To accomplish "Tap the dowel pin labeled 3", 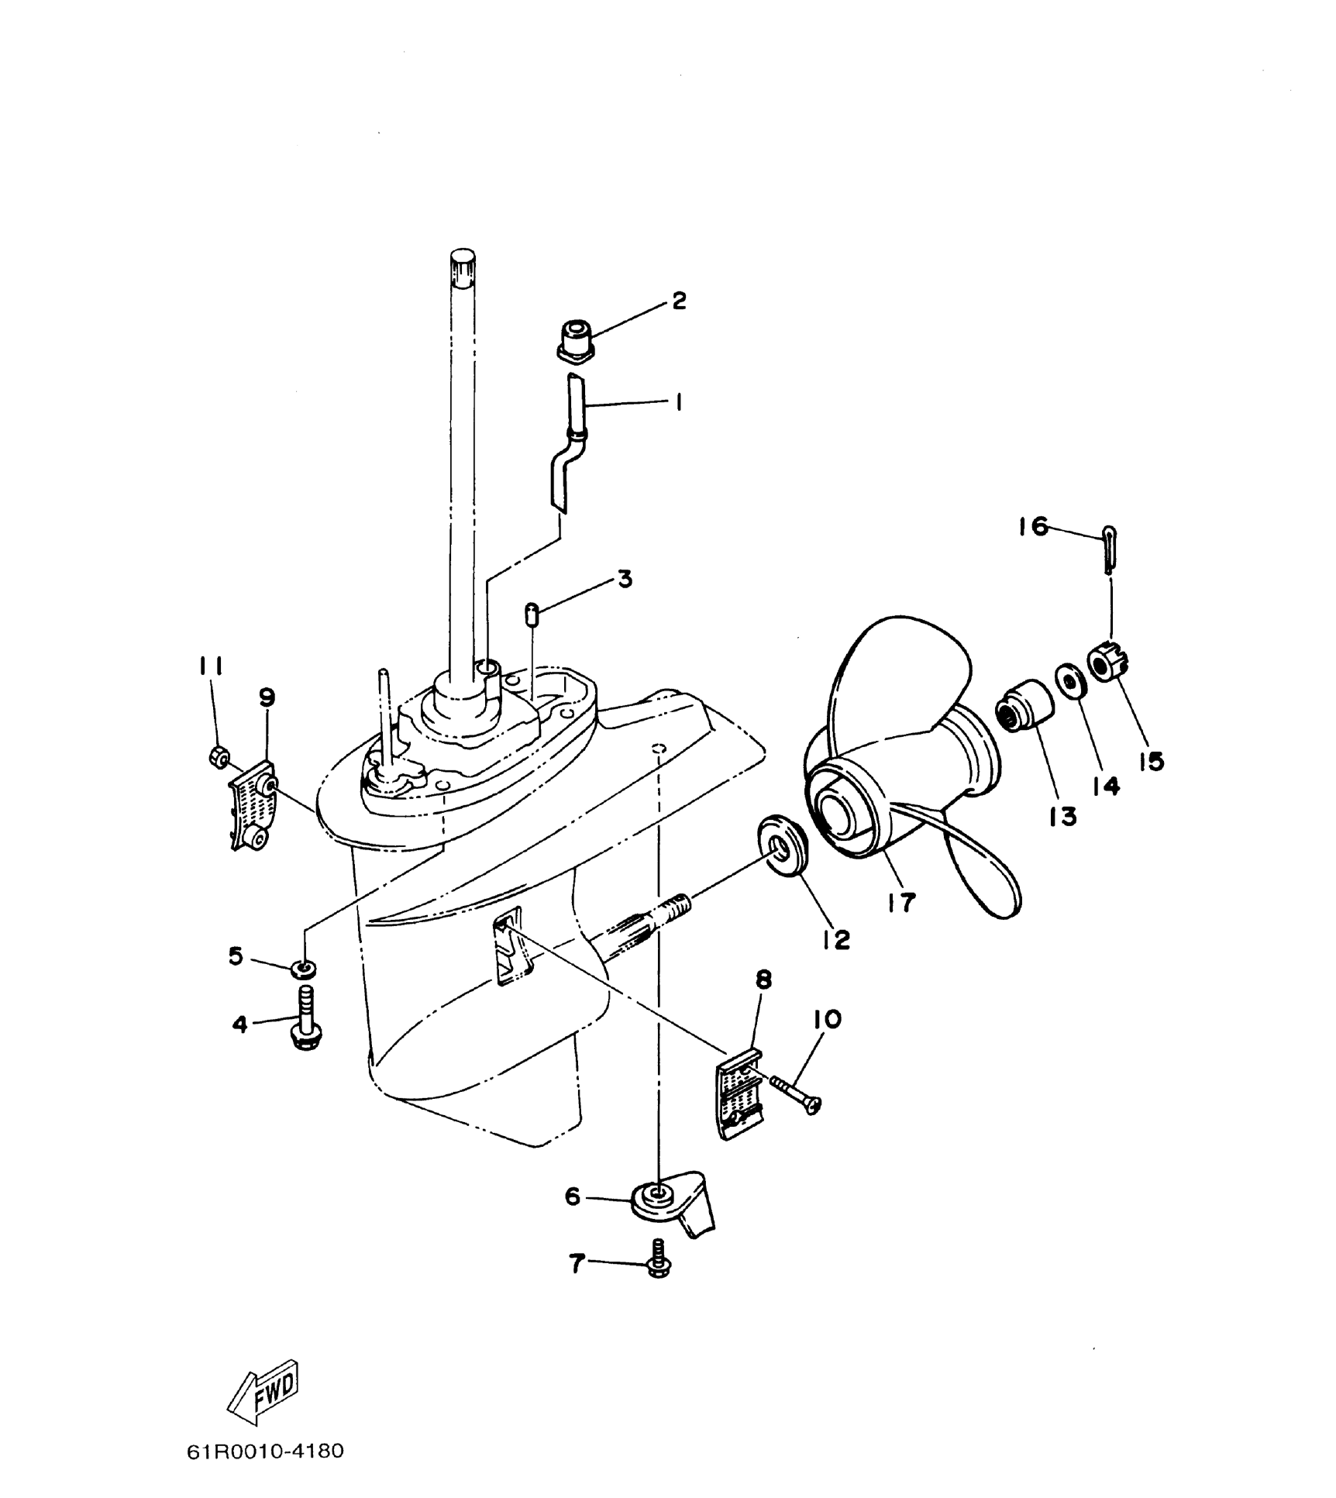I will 532,615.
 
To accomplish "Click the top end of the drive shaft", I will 462,260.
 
